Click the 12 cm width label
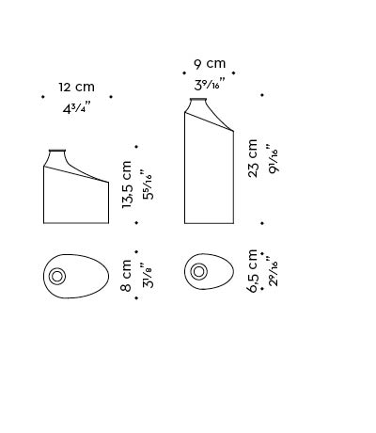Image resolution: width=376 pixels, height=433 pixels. point(76,87)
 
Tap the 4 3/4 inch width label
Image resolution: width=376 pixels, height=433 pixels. point(76,108)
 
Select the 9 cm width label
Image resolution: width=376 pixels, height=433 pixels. point(210,64)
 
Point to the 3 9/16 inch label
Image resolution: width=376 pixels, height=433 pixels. point(210,84)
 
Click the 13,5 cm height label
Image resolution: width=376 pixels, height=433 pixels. point(127,184)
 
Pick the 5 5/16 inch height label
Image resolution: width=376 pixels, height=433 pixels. point(147,185)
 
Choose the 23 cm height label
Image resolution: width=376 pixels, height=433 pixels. point(253,158)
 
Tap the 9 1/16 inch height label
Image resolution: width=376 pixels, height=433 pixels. point(273,158)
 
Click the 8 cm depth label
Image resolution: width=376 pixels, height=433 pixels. point(126,275)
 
